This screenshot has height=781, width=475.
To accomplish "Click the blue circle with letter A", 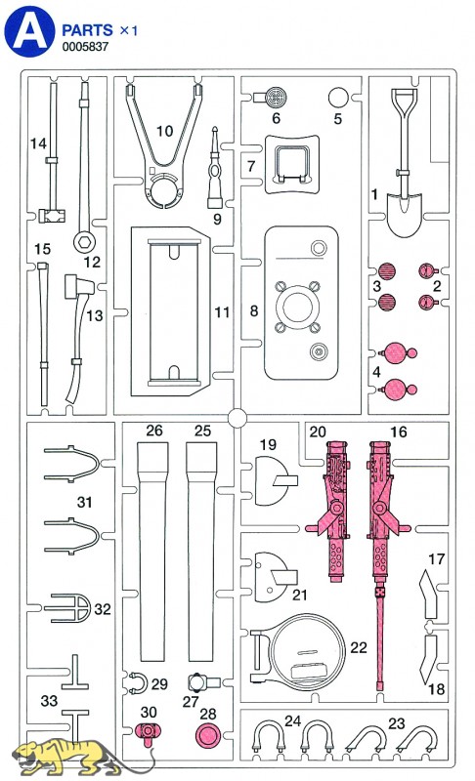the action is (x=29, y=31).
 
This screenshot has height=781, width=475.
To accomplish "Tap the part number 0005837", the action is (x=85, y=47).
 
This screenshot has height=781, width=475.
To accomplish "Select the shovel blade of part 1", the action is (x=405, y=215).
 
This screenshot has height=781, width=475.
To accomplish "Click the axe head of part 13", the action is (x=79, y=286).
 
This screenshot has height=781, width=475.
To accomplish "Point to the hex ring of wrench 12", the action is (x=84, y=243).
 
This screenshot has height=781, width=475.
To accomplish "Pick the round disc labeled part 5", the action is (x=338, y=98).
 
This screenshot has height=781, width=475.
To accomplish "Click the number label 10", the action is (x=164, y=131).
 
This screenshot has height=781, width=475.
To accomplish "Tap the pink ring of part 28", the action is (x=208, y=735).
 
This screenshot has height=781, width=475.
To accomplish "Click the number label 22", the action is (x=359, y=647).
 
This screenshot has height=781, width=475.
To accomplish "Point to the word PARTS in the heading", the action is (x=87, y=30).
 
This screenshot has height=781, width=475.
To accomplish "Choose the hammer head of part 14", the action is (x=52, y=216).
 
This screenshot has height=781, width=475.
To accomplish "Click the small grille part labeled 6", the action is (x=271, y=97).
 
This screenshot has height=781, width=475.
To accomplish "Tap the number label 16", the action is (x=399, y=432).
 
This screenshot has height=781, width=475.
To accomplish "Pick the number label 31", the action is (x=85, y=502).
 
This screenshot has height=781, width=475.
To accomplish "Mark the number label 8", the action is (x=254, y=311).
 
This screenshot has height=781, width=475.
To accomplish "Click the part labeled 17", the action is (x=428, y=595).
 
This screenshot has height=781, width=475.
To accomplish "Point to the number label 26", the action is (x=154, y=431).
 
